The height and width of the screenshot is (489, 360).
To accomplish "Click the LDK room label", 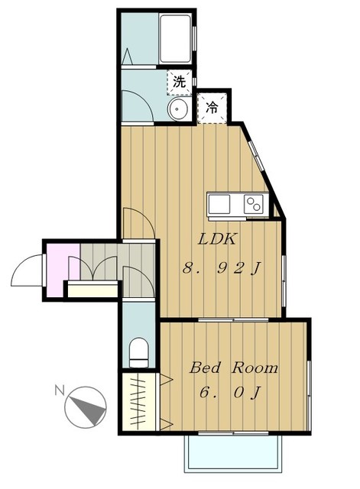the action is (x=217, y=239).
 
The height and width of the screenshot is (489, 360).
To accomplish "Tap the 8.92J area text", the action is (x=222, y=268).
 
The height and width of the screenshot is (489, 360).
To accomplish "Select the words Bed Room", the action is (x=234, y=368).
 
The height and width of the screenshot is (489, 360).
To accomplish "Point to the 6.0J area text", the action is (x=230, y=392).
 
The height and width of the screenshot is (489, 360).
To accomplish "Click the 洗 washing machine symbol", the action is (x=180, y=82).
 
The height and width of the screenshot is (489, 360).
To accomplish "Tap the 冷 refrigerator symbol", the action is (x=212, y=108).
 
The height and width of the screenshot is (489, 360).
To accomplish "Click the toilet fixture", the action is (x=138, y=353).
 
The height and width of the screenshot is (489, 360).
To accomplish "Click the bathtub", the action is (x=175, y=39).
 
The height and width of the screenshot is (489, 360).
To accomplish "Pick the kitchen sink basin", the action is (x=219, y=204).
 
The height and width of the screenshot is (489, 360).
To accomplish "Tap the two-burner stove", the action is (x=253, y=204).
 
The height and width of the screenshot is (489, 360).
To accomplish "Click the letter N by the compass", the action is (x=60, y=390).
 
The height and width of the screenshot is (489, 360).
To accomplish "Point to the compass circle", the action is (x=86, y=407).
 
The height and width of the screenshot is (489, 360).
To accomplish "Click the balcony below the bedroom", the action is (x=233, y=453).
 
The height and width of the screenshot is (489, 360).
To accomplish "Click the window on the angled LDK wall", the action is (x=256, y=156).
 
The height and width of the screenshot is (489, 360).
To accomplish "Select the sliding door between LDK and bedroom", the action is (x=233, y=319).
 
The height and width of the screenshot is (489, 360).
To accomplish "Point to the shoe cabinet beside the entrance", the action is (x=92, y=289).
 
